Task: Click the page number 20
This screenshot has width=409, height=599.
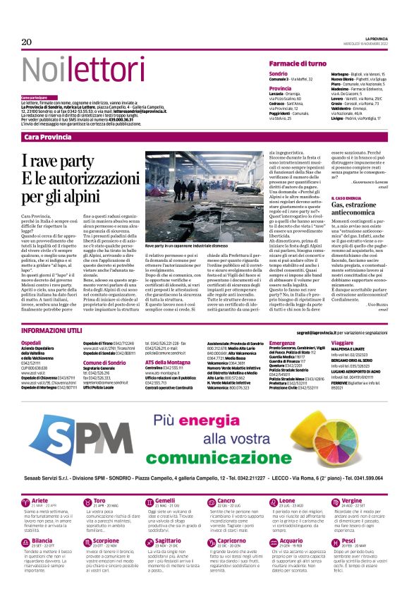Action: click(x=27, y=42)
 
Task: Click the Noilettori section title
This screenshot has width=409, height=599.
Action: click(x=77, y=71)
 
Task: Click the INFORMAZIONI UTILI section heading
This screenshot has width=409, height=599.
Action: click(x=53, y=330)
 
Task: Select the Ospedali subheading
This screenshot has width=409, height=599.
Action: click(x=32, y=342)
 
